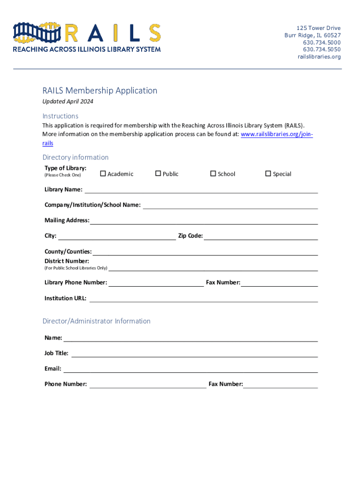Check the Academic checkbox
pyautogui.click(x=103, y=174)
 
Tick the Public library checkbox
pyautogui.click(x=158, y=174)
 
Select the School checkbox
pyautogui.click(x=213, y=174)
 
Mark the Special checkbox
pyautogui.click(x=268, y=174)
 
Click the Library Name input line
pyautogui.click(x=201, y=190)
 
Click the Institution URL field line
pyautogui.click(x=203, y=299)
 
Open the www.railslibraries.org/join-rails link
pyautogui.click(x=276, y=134)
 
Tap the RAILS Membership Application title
pyautogui.click(x=100, y=90)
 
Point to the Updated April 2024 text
pyautogui.click(x=68, y=102)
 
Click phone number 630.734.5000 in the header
pyautogui.click(x=322, y=43)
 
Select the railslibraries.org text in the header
pyautogui.click(x=319, y=57)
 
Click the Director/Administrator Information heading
pyautogui.click(x=96, y=321)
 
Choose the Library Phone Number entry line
pyautogui.click(x=156, y=283)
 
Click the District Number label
pyautogui.click(x=66, y=261)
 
